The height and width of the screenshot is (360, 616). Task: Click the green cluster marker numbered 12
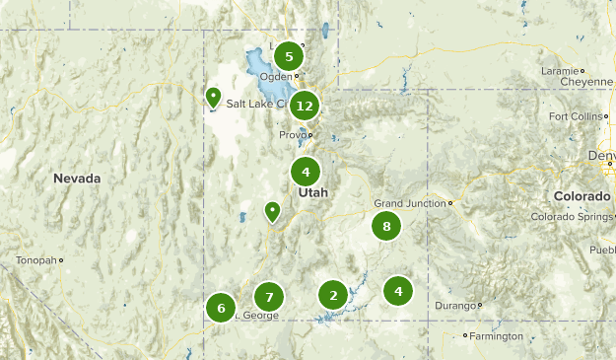[x=305, y=106]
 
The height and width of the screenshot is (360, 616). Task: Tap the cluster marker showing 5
[x=289, y=56]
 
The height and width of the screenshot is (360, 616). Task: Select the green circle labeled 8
[x=386, y=227]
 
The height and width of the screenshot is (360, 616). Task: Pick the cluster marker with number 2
[x=333, y=295]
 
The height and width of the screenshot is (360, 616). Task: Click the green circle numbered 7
[x=268, y=296]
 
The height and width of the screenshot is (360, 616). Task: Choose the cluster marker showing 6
[x=221, y=308]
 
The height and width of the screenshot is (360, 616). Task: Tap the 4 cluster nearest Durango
[x=398, y=290]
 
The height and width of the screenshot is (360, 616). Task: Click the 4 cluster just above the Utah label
[x=306, y=172]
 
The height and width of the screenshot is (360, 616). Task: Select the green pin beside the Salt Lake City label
[x=213, y=97]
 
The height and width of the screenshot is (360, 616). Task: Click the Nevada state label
[x=78, y=179]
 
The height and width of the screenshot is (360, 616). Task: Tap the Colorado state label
[x=582, y=196]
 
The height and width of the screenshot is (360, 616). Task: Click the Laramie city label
[x=561, y=71]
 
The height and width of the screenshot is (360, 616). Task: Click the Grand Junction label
[x=410, y=203]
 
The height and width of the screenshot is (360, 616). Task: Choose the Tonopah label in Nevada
[x=35, y=260]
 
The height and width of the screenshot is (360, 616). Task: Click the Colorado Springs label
[x=572, y=217]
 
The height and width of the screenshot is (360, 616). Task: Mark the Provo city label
[x=293, y=134]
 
